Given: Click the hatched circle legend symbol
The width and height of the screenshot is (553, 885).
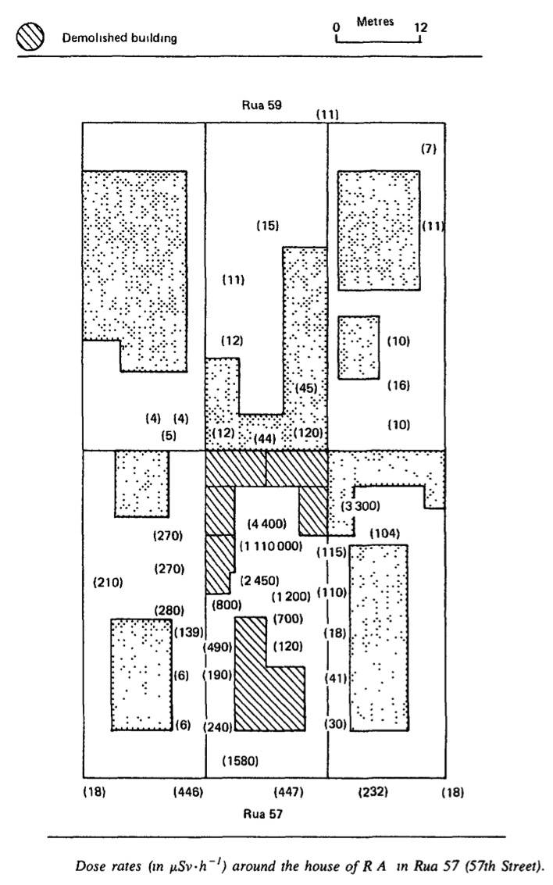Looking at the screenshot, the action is [30, 38].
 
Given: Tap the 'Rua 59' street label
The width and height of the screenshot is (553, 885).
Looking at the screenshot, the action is [262, 105].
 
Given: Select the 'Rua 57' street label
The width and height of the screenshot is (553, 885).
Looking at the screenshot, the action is [262, 813].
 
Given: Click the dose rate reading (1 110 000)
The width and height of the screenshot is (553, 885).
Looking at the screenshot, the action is [271, 546].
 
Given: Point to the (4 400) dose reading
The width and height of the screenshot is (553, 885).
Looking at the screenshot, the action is [267, 524].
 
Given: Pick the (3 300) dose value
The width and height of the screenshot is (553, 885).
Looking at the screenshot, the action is [360, 505].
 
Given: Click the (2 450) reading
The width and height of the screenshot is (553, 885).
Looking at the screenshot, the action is [259, 581].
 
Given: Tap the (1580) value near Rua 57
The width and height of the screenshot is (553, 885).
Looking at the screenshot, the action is [241, 762].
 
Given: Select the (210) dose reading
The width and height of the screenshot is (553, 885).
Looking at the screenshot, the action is [108, 582].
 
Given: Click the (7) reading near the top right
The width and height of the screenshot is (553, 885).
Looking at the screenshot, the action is [429, 149].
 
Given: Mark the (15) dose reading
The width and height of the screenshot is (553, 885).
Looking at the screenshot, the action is [267, 226].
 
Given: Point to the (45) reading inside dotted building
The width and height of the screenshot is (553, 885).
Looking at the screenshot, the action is [307, 388].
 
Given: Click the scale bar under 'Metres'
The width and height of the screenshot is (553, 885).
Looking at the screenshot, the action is [378, 41].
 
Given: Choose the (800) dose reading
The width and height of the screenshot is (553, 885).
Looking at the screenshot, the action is [227, 605].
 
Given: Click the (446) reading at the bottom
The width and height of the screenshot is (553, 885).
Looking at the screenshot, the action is [188, 792].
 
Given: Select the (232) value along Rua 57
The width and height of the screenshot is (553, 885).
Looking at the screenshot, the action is [373, 792].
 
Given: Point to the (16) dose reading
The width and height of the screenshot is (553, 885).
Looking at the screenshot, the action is [398, 386].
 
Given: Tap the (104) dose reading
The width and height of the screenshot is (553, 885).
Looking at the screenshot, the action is [385, 533].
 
